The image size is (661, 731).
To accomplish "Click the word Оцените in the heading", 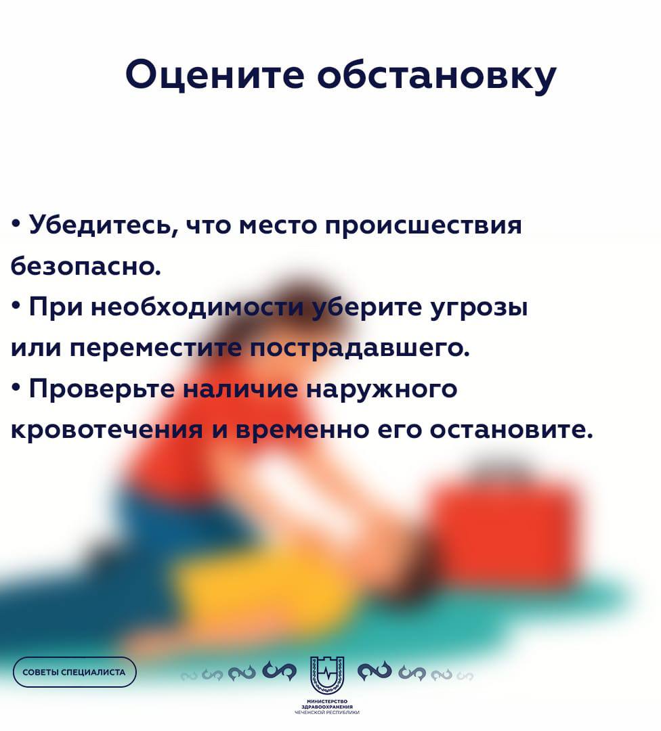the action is pos(215,74).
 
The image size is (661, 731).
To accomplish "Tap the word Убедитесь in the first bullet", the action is pos(103,225).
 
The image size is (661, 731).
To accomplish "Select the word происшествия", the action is pos(423,226).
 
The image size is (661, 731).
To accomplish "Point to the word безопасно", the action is pos(85,266).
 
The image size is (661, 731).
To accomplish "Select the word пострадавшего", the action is pos(359,349).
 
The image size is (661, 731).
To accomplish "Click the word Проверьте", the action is pos(102,389).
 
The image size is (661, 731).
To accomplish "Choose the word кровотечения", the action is pos(106,430).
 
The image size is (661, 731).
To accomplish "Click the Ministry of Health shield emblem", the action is pos(327,675).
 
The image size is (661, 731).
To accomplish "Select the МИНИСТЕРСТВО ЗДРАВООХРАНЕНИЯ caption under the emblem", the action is pos(327,707).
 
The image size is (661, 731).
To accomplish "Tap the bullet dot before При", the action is pos(16,307).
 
